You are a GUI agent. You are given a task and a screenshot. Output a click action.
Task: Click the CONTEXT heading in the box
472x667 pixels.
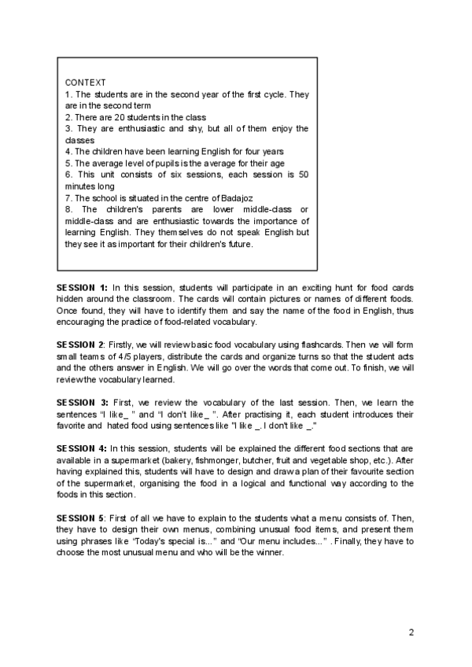(x=86, y=83)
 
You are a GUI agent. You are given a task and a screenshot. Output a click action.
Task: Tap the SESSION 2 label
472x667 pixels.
(x=81, y=345)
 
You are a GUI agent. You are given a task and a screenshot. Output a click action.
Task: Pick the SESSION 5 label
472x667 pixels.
(x=81, y=518)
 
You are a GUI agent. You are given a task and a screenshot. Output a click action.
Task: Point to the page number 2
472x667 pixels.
(x=411, y=632)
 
